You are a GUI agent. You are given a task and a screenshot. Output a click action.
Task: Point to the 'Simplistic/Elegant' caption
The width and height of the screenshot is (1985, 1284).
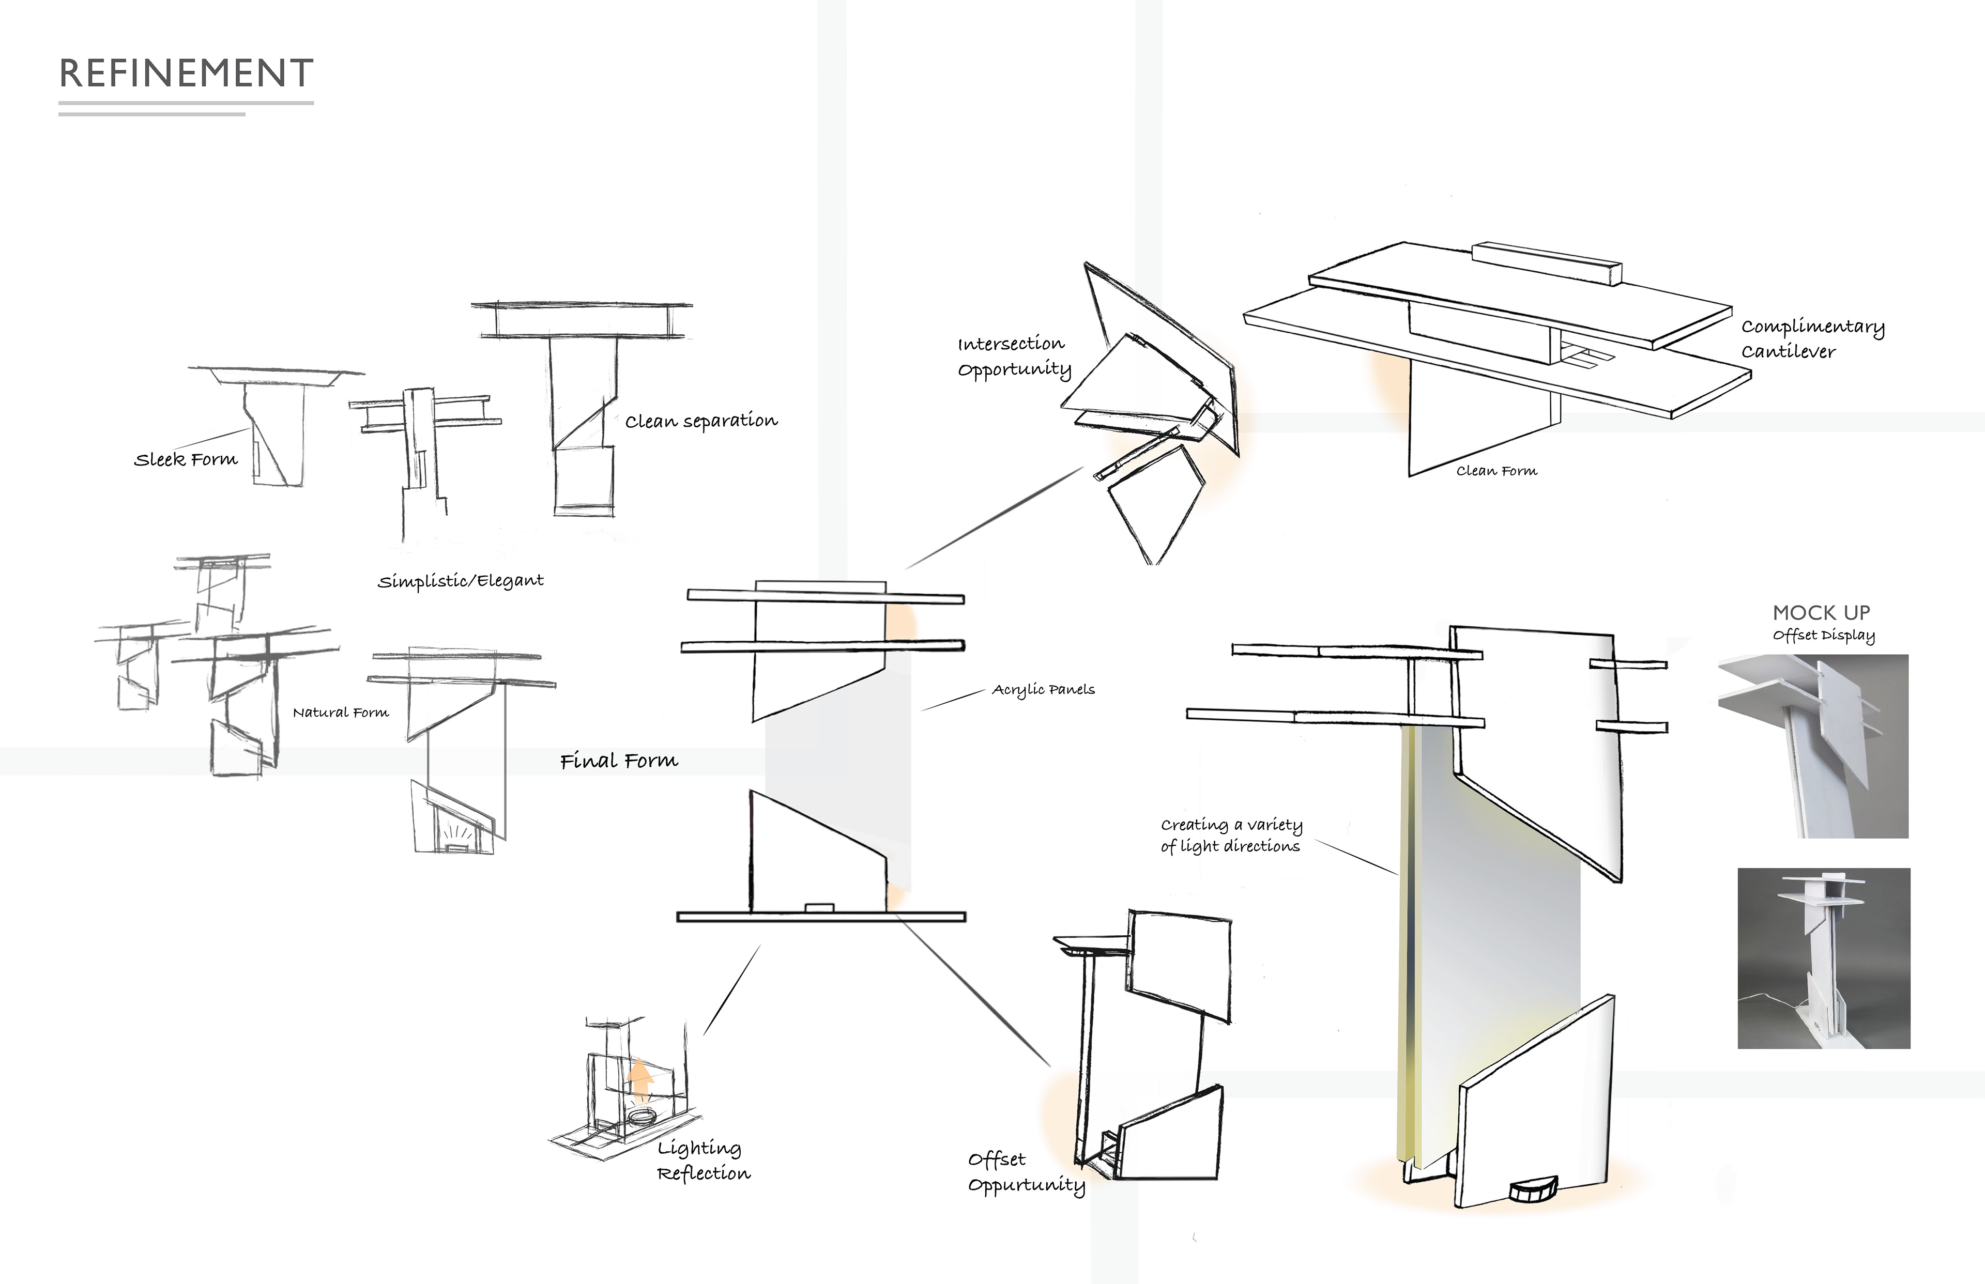(461, 580)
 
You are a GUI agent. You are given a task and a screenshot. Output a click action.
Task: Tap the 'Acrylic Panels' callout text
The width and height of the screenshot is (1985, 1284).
(1043, 689)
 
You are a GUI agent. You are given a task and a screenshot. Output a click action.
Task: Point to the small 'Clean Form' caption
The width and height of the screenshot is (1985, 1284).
(1497, 471)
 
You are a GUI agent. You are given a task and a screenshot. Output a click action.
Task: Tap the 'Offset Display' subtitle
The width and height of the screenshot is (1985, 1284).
(1823, 636)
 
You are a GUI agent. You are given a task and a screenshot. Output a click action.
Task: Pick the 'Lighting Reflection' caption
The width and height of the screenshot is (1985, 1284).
(703, 1161)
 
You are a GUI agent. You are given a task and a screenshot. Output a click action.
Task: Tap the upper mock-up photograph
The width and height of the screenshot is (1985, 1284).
(1812, 746)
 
